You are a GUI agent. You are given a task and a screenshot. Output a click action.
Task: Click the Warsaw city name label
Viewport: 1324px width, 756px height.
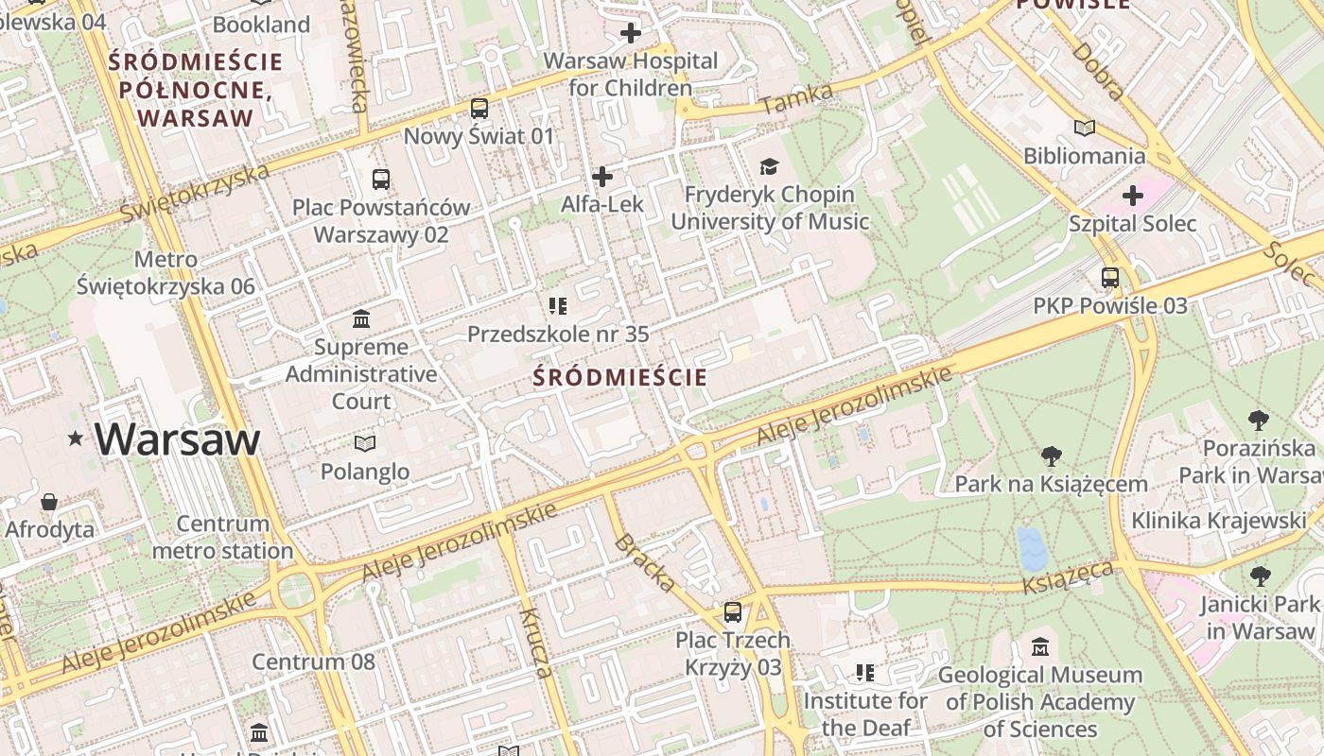click(x=177, y=439)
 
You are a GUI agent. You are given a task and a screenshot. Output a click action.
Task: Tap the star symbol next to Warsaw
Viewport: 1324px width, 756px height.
click(x=76, y=438)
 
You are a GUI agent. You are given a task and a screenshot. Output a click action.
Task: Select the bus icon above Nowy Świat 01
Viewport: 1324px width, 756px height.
click(x=479, y=109)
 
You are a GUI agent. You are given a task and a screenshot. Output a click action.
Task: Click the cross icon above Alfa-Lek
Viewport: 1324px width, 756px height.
click(x=601, y=177)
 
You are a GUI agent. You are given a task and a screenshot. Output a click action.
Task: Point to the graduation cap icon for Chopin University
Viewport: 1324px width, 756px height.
click(x=769, y=167)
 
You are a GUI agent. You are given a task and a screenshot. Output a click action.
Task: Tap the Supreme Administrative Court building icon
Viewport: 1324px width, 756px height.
click(x=361, y=318)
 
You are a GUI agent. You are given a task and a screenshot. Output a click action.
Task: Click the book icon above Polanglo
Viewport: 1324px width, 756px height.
click(x=364, y=443)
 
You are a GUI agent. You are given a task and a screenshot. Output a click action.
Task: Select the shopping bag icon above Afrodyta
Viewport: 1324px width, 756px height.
click(x=49, y=501)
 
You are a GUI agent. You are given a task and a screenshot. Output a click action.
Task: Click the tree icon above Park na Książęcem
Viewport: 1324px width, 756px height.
click(x=1051, y=456)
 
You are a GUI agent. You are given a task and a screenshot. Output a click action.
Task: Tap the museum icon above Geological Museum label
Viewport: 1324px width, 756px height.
click(x=1040, y=647)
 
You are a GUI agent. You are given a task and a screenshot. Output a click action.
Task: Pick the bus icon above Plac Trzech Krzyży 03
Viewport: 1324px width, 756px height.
click(x=733, y=612)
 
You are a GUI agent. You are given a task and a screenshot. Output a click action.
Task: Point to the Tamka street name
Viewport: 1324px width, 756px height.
click(x=796, y=98)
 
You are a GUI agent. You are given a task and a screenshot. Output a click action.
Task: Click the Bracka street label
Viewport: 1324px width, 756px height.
click(x=645, y=563)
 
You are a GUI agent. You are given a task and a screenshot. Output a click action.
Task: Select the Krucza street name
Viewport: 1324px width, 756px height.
click(x=535, y=643)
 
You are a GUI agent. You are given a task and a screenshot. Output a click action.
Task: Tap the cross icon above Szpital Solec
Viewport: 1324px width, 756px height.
click(x=1132, y=196)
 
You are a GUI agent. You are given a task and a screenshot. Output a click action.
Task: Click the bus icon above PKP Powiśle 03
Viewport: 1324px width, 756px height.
click(x=1110, y=278)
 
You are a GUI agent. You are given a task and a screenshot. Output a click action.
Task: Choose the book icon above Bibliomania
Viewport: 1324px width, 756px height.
click(x=1085, y=128)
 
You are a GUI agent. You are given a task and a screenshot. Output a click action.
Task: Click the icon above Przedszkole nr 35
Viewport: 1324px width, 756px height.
click(x=558, y=305)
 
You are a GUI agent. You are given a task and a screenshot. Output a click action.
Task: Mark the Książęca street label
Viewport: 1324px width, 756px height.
click(x=1069, y=576)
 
